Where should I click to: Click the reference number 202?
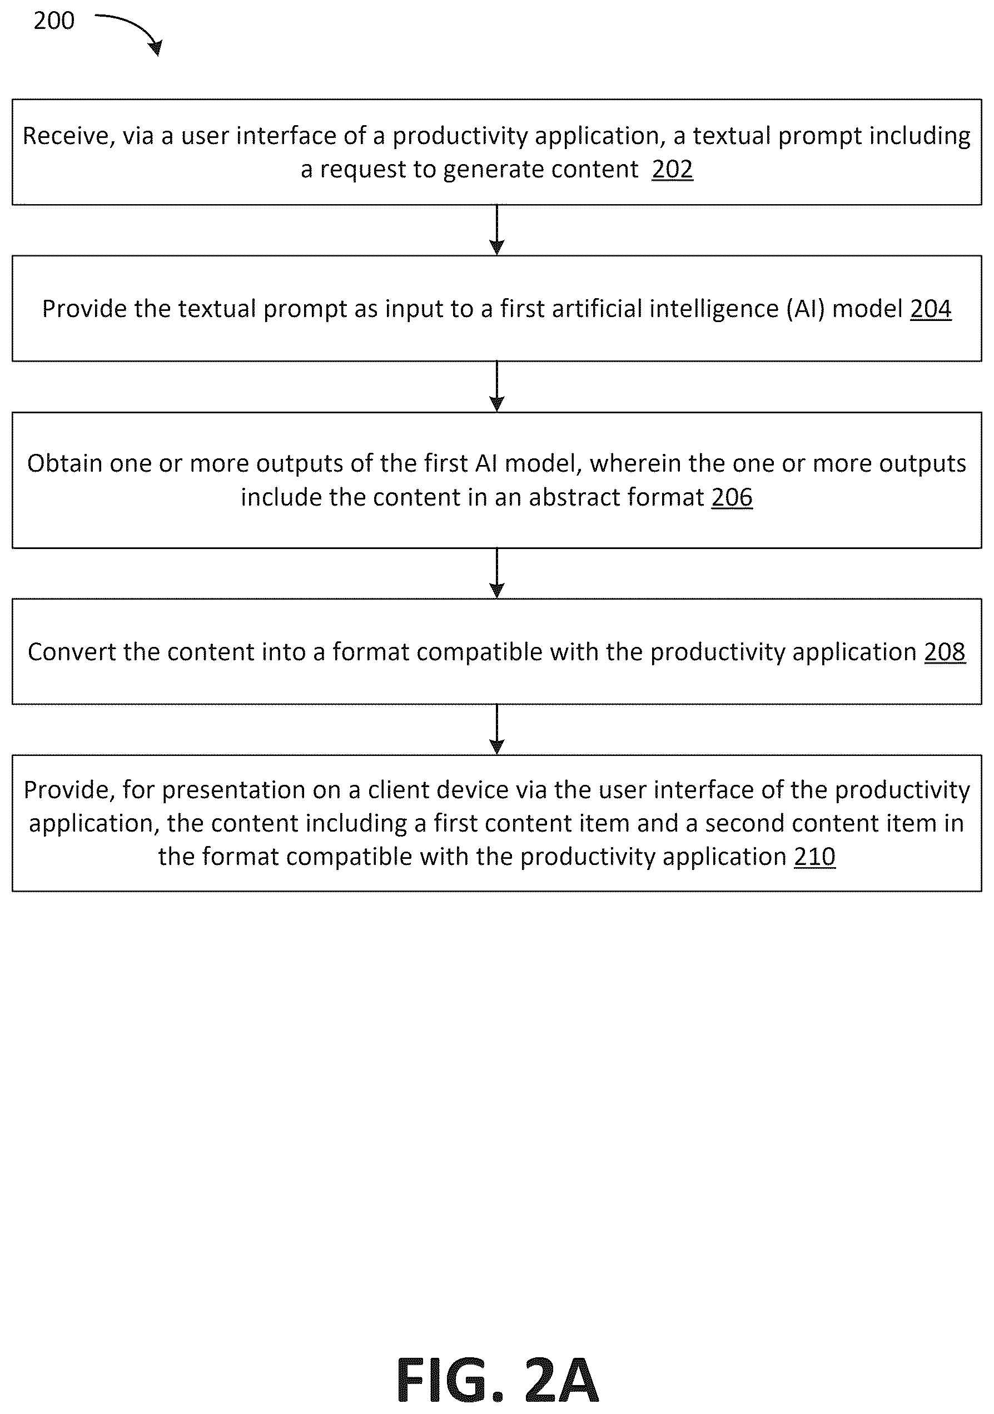(x=672, y=169)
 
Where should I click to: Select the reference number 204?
(x=931, y=309)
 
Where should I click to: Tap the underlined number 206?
(x=732, y=497)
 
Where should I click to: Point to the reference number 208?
(x=945, y=652)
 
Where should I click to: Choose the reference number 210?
(x=815, y=857)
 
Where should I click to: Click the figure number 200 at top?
(x=54, y=21)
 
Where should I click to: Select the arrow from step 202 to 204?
(x=496, y=230)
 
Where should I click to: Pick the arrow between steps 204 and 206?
(x=496, y=386)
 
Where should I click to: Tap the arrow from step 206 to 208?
(x=496, y=573)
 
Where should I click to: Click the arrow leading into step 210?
(x=496, y=729)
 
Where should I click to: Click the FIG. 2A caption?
(x=498, y=1380)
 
